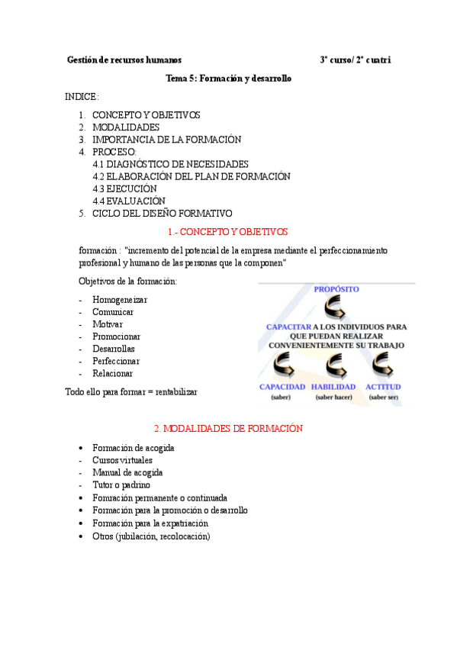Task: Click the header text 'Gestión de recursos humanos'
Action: [124, 60]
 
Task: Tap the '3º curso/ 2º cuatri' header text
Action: [356, 60]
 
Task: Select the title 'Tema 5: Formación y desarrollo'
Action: [229, 79]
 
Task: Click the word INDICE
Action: [82, 97]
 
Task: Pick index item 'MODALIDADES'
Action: [126, 127]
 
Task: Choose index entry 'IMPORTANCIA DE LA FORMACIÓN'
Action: [166, 140]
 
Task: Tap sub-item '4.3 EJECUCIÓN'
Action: [124, 188]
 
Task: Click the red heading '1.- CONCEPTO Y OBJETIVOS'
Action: [227, 232]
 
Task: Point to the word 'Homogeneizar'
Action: [120, 300]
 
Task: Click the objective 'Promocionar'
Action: [116, 336]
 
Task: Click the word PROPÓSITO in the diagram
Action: [336, 289]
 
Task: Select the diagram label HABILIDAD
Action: [333, 387]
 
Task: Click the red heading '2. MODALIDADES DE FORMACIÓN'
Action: [228, 429]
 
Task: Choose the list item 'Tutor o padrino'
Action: [121, 484]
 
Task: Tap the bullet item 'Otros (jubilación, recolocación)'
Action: [151, 536]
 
